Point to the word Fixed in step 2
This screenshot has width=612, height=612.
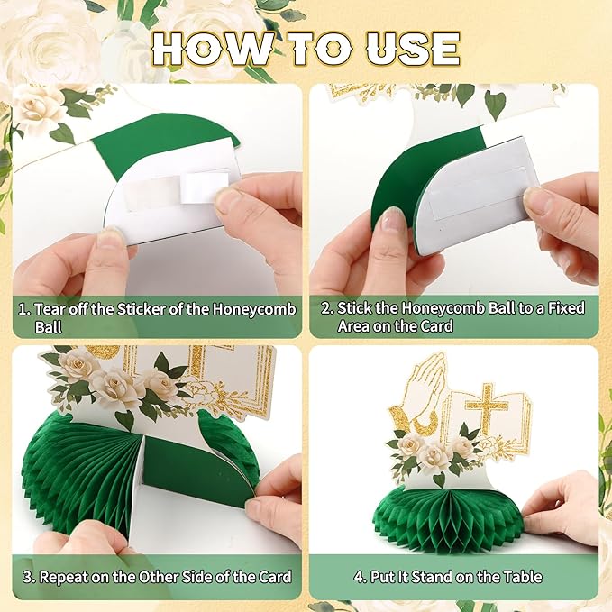pos(566,308)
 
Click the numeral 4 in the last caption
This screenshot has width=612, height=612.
pos(359,577)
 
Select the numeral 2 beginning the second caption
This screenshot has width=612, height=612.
pos(326,308)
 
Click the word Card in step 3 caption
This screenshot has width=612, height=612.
pos(274,577)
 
